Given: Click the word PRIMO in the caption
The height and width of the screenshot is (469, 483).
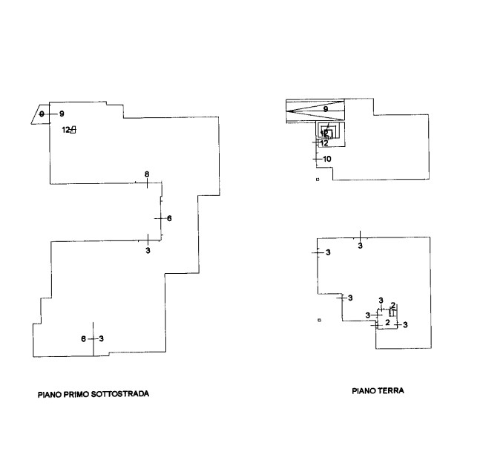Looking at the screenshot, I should pyautogui.click(x=76, y=395).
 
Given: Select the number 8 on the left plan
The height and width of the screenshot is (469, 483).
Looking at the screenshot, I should pyautogui.click(x=147, y=174).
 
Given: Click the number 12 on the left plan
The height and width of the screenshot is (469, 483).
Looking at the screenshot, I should pyautogui.click(x=65, y=130).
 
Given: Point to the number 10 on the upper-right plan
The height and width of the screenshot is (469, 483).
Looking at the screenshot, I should pyautogui.click(x=327, y=159).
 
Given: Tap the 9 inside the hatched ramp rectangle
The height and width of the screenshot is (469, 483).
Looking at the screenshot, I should pyautogui.click(x=326, y=110).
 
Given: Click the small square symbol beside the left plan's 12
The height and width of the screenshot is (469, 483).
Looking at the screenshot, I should pyautogui.click(x=73, y=130).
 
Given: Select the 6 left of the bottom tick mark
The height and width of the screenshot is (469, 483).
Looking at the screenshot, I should pyautogui.click(x=84, y=339).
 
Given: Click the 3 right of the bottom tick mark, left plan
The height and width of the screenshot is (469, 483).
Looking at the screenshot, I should pyautogui.click(x=102, y=339).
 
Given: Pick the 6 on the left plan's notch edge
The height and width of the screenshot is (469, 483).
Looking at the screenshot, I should pyautogui.click(x=169, y=218).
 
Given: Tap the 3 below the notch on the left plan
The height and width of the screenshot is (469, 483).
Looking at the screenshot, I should pyautogui.click(x=148, y=252).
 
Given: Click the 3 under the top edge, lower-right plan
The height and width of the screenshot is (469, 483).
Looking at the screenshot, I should pyautogui.click(x=361, y=245).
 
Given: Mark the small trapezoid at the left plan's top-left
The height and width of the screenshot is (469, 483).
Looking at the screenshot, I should pyautogui.click(x=39, y=114).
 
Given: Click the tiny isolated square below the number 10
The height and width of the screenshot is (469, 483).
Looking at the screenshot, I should pyautogui.click(x=318, y=179).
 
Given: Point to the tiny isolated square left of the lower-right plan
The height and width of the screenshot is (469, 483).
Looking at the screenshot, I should pyautogui.click(x=318, y=320).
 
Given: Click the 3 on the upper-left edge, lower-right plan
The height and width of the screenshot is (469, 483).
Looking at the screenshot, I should pyautogui.click(x=328, y=253).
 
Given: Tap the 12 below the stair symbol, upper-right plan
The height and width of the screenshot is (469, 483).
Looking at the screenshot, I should pyautogui.click(x=324, y=143).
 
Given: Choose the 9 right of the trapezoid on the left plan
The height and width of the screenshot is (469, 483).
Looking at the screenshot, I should pyautogui.click(x=62, y=114).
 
